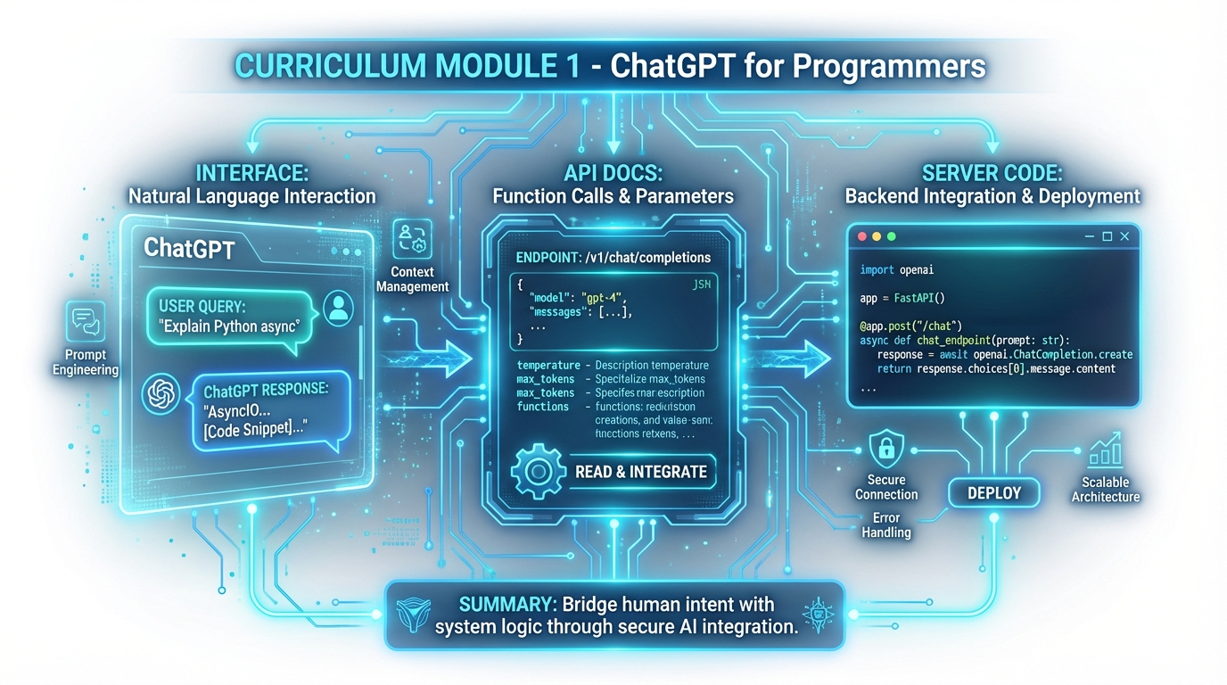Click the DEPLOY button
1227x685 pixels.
[994, 492]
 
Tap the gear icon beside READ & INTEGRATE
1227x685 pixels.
[538, 470]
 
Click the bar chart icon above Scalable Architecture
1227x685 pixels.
[1106, 451]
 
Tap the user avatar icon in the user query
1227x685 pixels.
[338, 308]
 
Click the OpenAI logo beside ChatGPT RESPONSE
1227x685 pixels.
[161, 395]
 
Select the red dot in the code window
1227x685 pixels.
[862, 236]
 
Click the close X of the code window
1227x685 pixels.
[1125, 236]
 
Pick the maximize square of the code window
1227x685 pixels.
[1108, 236]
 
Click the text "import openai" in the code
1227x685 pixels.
[897, 269]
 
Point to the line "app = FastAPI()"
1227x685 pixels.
[902, 299]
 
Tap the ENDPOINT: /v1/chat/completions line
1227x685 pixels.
[613, 257]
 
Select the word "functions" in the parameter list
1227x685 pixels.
[543, 407]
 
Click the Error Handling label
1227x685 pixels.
[886, 524]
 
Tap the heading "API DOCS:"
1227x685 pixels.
[613, 173]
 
